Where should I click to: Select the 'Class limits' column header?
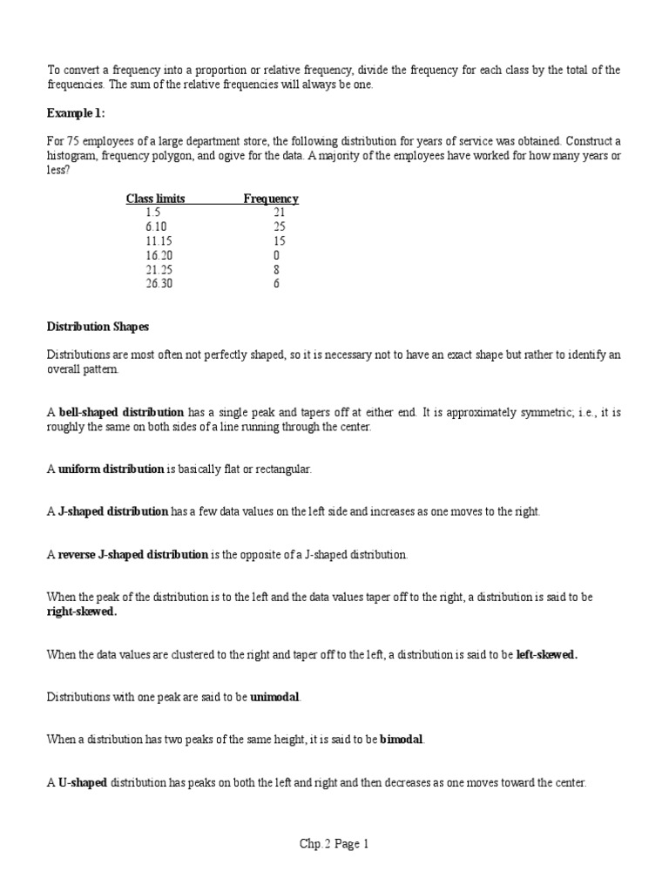(155, 199)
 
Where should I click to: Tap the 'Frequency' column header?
(271, 199)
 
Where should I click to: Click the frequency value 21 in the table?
(279, 213)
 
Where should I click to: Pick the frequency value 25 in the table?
(279, 226)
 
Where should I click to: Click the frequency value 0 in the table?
(276, 255)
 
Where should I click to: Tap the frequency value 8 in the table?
(276, 269)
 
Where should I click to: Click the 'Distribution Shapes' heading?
(97, 327)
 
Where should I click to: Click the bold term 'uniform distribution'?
(111, 469)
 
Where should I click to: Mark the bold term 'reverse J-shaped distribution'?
(133, 554)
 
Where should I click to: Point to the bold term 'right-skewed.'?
(81, 612)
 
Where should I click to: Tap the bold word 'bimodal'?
(402, 740)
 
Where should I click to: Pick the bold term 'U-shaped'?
(83, 782)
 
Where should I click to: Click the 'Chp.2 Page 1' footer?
(334, 844)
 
